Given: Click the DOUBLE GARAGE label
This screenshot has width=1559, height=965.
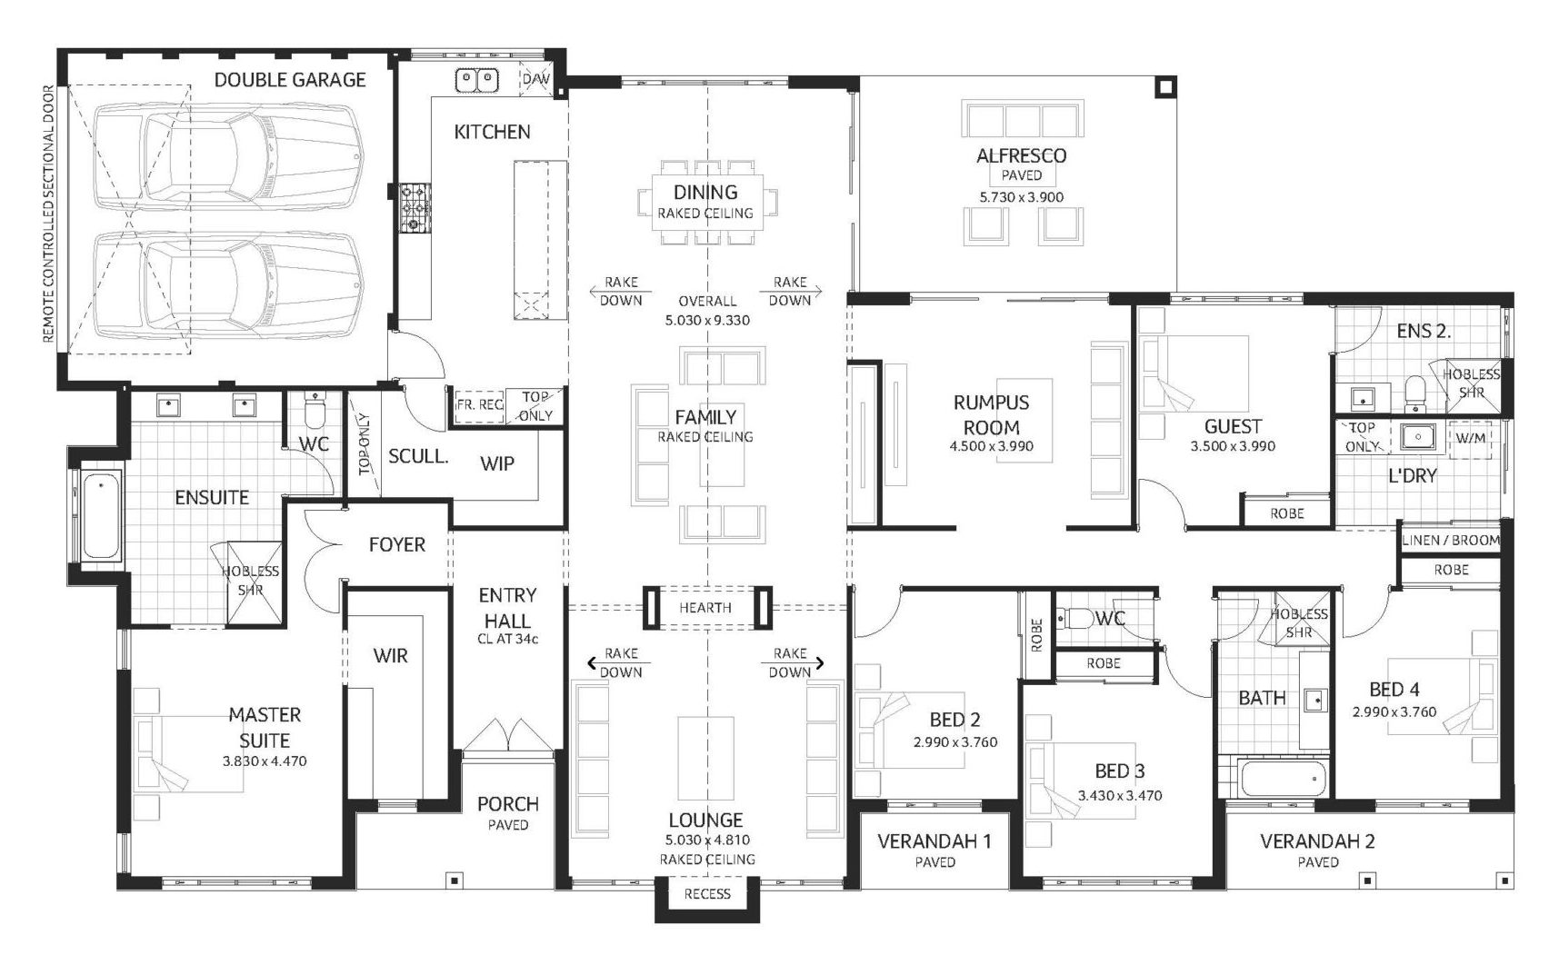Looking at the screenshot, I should point(289,80).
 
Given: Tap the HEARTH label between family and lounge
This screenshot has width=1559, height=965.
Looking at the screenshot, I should point(705,608).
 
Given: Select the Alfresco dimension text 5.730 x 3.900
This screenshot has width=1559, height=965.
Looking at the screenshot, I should point(1021,196).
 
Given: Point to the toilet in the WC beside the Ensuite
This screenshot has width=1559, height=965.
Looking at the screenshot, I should point(315,414).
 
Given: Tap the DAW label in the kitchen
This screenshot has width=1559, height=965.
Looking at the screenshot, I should point(536,80).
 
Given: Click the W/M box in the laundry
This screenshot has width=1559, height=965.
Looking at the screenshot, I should point(1470,438).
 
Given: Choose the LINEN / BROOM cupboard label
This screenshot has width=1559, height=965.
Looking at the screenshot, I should point(1450,540).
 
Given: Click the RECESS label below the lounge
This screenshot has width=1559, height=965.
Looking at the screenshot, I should point(706,893).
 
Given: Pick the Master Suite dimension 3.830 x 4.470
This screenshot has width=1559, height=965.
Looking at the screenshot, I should point(264,761).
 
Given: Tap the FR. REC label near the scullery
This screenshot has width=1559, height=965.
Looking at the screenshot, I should point(479,404).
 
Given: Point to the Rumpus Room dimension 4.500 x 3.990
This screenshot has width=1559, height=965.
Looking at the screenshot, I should point(991,446).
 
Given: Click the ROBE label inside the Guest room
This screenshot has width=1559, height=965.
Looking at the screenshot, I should point(1286,513).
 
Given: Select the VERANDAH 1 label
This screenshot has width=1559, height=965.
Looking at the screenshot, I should point(934,841).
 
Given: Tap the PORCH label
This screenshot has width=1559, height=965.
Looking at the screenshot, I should point(507,803).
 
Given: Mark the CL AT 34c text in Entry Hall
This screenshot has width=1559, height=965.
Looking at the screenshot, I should point(507,639).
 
